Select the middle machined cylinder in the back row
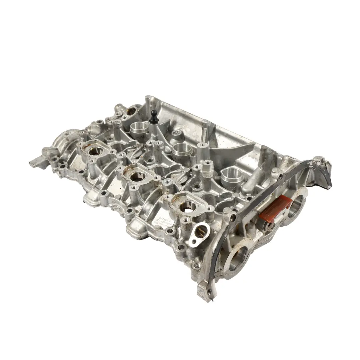[x=182, y=149]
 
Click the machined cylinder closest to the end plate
[x=232, y=174]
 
